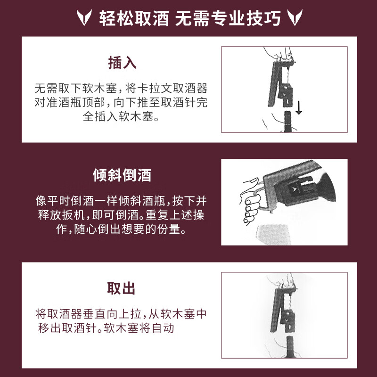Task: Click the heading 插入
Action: (x=122, y=62)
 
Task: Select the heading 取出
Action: (x=122, y=288)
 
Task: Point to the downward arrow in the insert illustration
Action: (x=299, y=109)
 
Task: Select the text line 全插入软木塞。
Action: (x=122, y=116)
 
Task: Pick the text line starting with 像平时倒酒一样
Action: (x=122, y=201)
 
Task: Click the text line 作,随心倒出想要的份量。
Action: (x=122, y=229)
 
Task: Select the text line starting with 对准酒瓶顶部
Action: (x=122, y=102)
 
